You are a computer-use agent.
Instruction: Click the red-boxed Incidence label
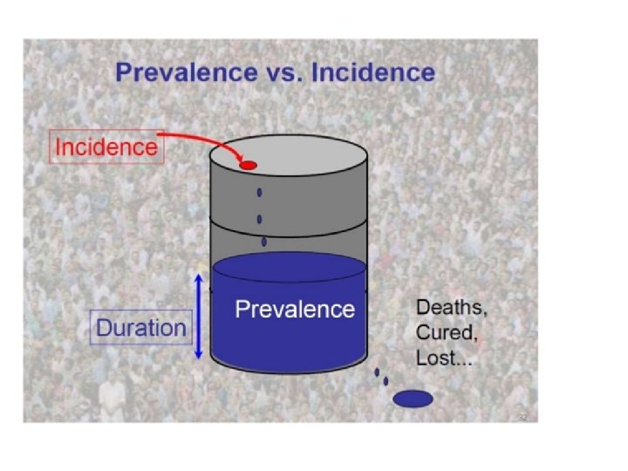[106, 147]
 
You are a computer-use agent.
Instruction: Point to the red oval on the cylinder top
[248, 165]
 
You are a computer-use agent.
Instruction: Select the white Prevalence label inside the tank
[295, 309]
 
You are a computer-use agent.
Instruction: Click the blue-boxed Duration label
[140, 328]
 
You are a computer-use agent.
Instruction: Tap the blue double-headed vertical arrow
[199, 316]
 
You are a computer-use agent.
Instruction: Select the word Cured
[444, 332]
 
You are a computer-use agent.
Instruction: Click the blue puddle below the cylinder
[413, 399]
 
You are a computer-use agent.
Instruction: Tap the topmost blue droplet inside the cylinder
[259, 194]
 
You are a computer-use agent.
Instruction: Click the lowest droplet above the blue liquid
[263, 242]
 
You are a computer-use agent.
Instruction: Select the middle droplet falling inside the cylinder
[259, 219]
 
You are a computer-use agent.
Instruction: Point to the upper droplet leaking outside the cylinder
[377, 372]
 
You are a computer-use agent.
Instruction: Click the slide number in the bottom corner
[522, 418]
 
